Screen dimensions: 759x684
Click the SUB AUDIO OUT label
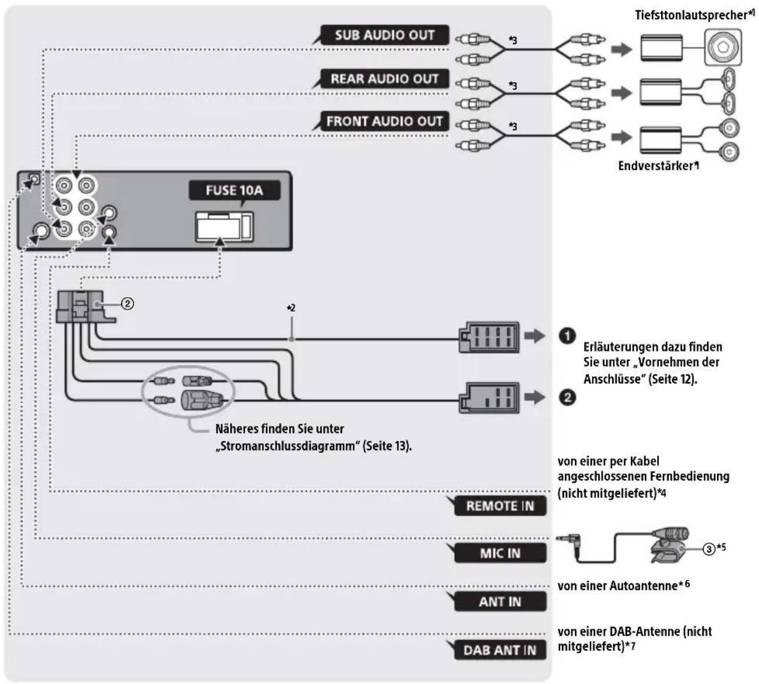click(x=385, y=35)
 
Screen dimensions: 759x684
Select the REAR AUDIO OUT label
click(x=385, y=79)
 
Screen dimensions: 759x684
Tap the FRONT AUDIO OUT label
click(x=385, y=121)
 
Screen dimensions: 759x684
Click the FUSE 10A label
click(x=235, y=190)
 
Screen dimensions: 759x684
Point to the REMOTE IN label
click(x=500, y=505)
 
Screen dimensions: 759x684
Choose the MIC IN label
click(x=500, y=553)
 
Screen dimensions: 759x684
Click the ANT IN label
click(x=500, y=601)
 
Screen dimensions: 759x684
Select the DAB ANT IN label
click(x=500, y=650)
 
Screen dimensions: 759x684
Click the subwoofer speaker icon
click(x=723, y=48)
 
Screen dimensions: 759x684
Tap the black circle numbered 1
click(x=567, y=336)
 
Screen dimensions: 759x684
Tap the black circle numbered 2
click(x=567, y=397)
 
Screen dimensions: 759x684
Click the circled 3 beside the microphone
click(x=709, y=548)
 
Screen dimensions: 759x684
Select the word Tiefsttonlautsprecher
click(x=691, y=15)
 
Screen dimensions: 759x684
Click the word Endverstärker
click(x=655, y=166)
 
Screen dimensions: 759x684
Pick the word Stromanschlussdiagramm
click(x=288, y=446)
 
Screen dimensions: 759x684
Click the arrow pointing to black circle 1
click(x=535, y=336)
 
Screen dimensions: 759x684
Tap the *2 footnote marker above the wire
click(x=290, y=308)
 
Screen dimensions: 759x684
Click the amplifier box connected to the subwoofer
click(x=661, y=48)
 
